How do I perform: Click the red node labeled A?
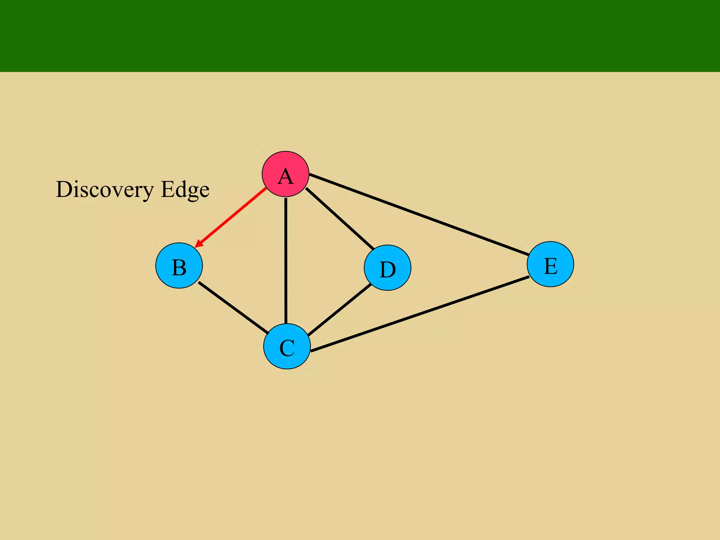coord(285,174)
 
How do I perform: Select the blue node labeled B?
coord(179,265)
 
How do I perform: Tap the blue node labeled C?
coord(287,346)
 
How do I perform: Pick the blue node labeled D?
coord(387,268)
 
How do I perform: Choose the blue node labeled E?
coord(550,264)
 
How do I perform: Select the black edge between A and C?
coord(286,260)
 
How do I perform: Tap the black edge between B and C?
coord(233,307)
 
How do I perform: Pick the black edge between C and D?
coord(340,309)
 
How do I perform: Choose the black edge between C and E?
coord(420,314)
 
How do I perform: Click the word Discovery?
coord(105,190)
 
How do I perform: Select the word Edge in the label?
coord(185,190)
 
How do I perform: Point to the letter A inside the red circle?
coord(285,176)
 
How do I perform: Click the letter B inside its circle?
coord(179,268)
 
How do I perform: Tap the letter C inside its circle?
coord(287,348)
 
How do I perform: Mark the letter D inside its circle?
coord(387,270)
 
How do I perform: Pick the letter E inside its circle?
coord(551,266)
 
